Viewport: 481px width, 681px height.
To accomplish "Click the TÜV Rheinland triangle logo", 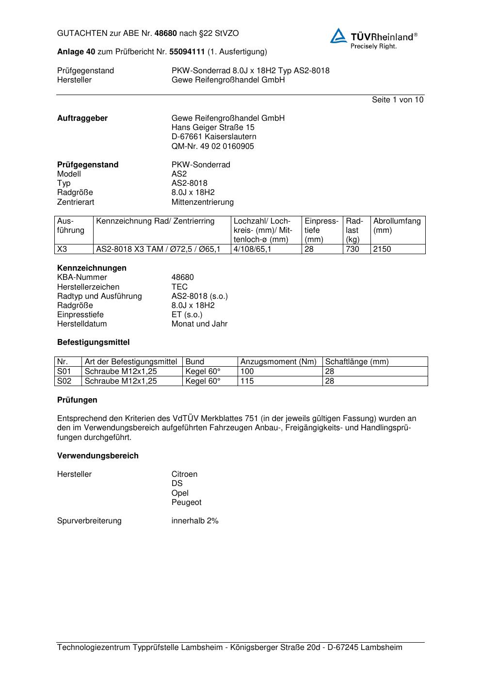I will point(338,36).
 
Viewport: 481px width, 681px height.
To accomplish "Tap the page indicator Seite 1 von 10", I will point(397,100).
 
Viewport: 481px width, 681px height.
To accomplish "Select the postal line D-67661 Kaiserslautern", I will point(214,137).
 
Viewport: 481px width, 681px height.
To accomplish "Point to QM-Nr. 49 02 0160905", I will point(212,146).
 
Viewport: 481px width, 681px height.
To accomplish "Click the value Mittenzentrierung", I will point(202,202).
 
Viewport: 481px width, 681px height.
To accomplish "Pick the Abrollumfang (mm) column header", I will point(397,226).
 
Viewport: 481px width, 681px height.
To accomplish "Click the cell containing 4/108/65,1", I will point(253,249).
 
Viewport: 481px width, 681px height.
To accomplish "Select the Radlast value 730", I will point(353,249).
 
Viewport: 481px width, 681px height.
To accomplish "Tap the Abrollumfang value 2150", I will point(382,249).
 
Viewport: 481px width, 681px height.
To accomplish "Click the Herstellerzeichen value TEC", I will point(179,287).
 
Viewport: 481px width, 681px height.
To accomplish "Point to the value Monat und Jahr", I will point(199,324).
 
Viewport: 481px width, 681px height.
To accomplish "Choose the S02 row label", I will point(64,381).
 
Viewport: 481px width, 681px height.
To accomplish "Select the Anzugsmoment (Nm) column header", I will point(278,362).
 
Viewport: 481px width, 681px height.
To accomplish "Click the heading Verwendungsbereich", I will point(97,455).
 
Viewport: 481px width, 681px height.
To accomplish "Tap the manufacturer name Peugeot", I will point(186,502).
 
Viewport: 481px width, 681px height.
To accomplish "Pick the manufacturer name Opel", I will point(180,493).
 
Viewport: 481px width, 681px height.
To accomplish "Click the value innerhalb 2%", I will point(195,520).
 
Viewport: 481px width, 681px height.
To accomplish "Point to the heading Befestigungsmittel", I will point(93,342).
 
